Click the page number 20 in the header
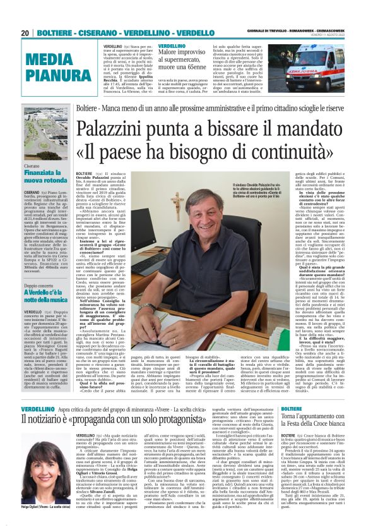[25, 32]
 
